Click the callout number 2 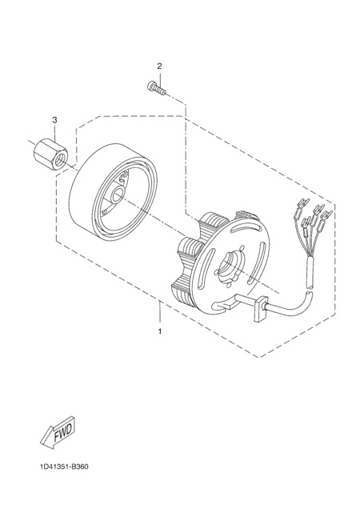[x=159, y=66]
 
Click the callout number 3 [x=54, y=120]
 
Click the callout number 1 [x=160, y=332]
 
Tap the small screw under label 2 [x=156, y=86]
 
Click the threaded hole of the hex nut [x=59, y=160]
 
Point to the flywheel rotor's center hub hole [x=117, y=196]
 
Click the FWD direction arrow [x=58, y=431]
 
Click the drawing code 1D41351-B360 [x=64, y=467]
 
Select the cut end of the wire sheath [x=310, y=287]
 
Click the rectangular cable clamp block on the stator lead [x=260, y=309]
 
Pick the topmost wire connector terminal [x=304, y=204]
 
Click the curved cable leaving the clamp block [x=289, y=306]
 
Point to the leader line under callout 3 [x=54, y=132]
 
